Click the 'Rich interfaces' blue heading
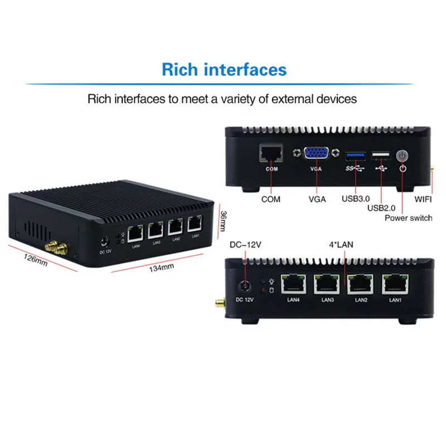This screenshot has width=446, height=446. pyautogui.click(x=224, y=70)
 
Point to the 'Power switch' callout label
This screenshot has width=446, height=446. pyautogui.click(x=409, y=217)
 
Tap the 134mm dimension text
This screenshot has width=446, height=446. pyautogui.click(x=161, y=268)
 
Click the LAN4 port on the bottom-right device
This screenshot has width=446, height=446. pyautogui.click(x=292, y=284)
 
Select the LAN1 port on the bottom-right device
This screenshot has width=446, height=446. pyautogui.click(x=394, y=285)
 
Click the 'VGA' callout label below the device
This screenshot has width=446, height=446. pyautogui.click(x=316, y=199)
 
